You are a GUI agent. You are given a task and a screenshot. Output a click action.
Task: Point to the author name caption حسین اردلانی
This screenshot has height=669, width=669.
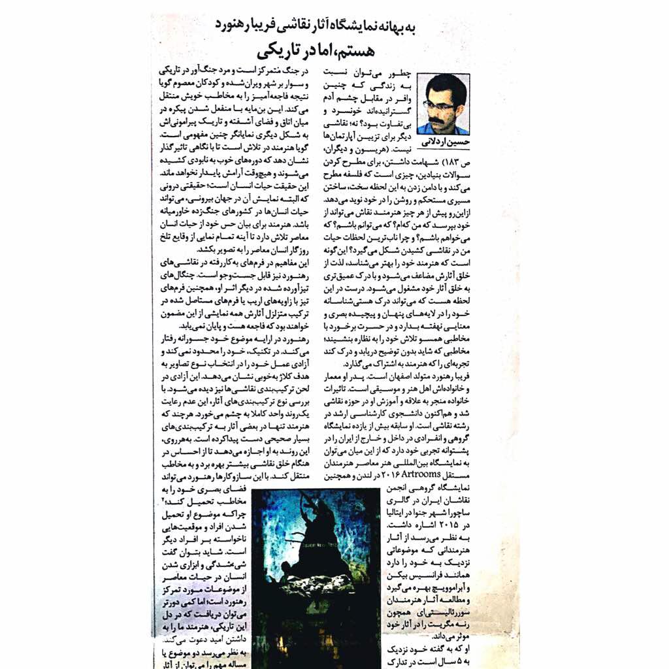[443, 140]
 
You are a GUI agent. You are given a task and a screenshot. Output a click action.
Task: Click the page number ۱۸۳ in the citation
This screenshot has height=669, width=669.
[456, 160]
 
